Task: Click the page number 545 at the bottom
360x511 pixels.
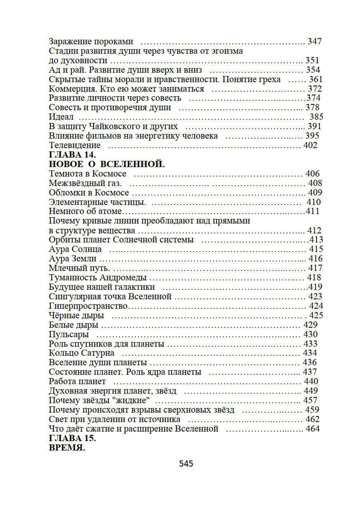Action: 186,463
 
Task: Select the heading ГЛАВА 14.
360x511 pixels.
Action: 72,155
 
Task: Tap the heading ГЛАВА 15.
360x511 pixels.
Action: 72,438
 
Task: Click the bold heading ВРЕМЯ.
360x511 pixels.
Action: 67,448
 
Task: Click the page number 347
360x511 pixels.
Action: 314,41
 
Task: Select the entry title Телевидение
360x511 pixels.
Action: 75,145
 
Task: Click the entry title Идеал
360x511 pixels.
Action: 61,117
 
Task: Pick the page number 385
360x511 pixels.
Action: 316,117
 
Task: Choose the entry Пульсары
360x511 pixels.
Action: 68,334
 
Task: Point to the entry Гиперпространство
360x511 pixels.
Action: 88,306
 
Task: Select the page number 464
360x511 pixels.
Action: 312,429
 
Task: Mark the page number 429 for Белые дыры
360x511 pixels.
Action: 310,325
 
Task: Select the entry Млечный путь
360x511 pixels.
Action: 79,268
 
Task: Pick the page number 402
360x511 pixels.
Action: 310,145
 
